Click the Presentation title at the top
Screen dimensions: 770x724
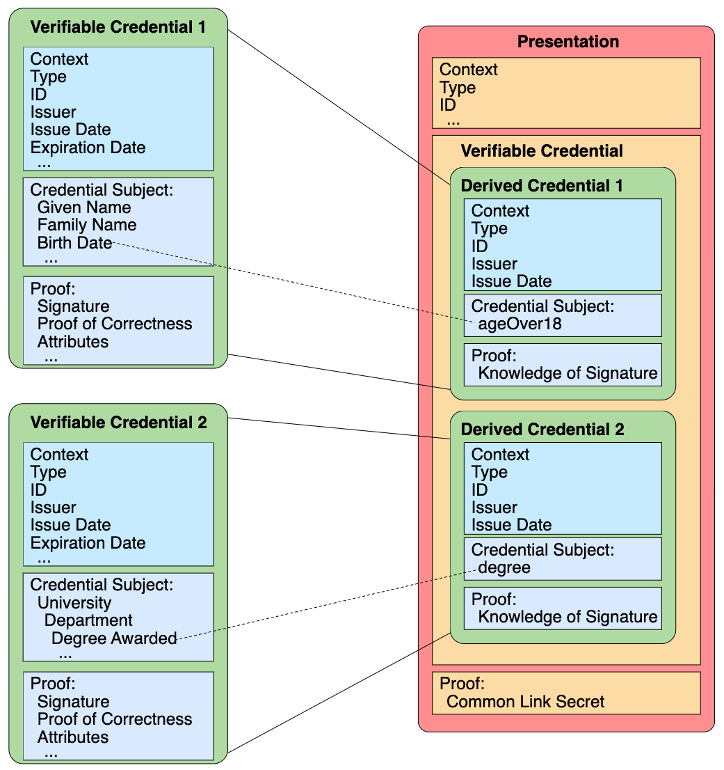568,42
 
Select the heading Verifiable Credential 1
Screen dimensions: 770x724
118,27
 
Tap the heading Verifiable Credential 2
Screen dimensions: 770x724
118,423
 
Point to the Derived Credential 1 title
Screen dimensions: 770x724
542,186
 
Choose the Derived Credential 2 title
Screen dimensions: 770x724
542,430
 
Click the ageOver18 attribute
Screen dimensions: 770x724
520,324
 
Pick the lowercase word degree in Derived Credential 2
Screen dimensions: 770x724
504,567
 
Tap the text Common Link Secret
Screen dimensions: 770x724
526,701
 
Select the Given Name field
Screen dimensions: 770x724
84,207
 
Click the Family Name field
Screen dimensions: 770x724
87,225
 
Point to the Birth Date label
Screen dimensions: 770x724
74,242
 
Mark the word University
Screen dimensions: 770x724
74,603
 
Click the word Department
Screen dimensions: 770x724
88,620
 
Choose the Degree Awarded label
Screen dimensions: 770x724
114,638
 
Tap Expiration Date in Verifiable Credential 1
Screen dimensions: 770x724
88,148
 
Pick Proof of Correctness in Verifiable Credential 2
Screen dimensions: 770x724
115,719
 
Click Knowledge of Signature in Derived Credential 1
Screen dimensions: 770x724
568,373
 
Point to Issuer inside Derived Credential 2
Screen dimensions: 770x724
494,508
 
